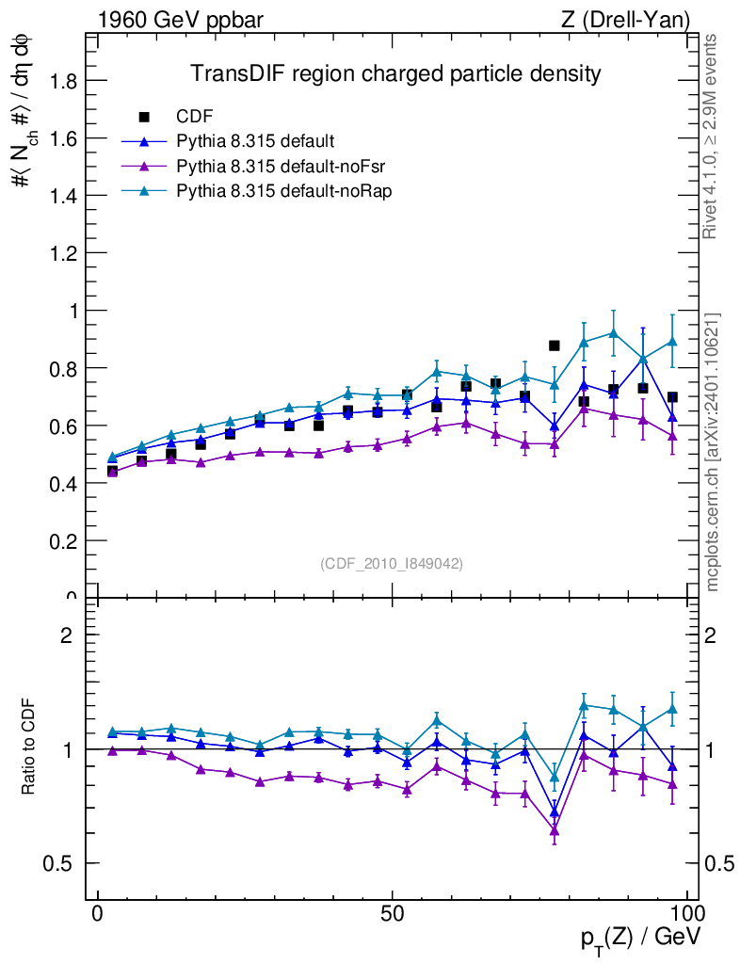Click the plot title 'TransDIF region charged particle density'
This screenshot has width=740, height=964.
pos(395,73)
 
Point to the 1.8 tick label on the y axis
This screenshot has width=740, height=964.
pos(65,81)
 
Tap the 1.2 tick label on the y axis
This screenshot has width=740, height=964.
pos(65,253)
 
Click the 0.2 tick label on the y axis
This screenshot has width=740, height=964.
pos(65,540)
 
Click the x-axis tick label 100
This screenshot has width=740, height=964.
pos(686,914)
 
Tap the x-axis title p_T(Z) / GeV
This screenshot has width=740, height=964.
pos(640,938)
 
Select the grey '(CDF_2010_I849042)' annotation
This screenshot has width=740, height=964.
pos(392,563)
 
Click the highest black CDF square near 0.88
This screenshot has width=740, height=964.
pos(555,345)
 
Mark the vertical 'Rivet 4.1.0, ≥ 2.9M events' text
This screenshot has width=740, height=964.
pos(713,137)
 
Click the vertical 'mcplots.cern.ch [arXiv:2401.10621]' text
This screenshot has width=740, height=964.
pos(713,452)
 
